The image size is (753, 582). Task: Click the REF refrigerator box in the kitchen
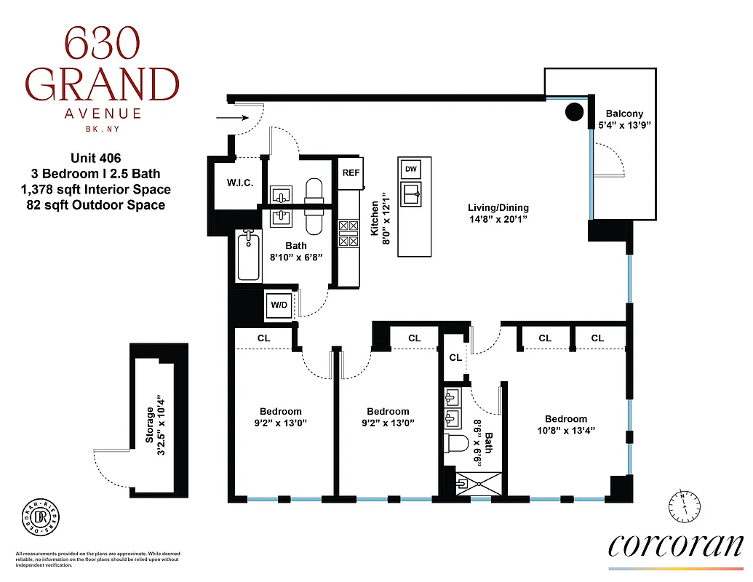[351, 173]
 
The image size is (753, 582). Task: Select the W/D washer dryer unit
[279, 305]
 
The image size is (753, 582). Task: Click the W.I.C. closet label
[239, 183]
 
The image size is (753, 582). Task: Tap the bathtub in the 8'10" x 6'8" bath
[249, 255]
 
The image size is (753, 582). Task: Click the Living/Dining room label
[498, 208]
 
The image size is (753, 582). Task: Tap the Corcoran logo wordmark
[676, 546]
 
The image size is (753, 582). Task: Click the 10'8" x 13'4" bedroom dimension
[565, 430]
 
